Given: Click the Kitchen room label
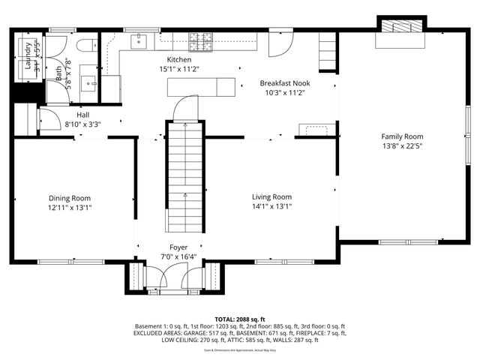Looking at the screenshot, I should tap(179, 60).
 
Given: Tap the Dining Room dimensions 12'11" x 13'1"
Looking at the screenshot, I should tap(70, 207).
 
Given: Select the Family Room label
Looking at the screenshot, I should tap(403, 136).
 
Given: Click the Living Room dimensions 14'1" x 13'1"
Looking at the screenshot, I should tap(271, 207).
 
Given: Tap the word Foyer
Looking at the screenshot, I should tap(178, 247).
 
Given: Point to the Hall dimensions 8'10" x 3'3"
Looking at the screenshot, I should tap(82, 124).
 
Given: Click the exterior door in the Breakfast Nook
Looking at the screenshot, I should tap(279, 44).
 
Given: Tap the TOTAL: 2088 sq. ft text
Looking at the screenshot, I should tap(240, 319).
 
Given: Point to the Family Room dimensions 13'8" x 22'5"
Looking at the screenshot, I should tap(403, 147).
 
